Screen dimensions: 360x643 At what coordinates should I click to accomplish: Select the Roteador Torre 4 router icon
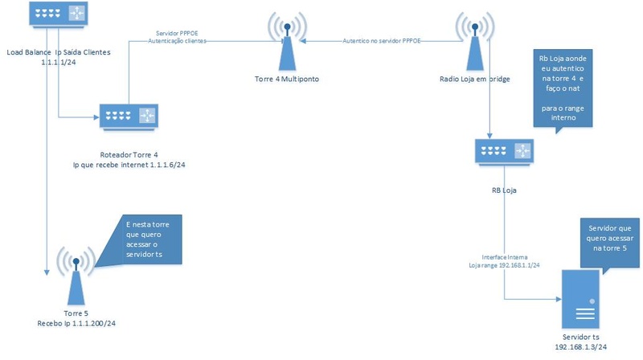pyautogui.click(x=129, y=117)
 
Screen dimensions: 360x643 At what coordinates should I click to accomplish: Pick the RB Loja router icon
pyautogui.click(x=503, y=150)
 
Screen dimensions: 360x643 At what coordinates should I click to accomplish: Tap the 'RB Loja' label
pyautogui.click(x=504, y=190)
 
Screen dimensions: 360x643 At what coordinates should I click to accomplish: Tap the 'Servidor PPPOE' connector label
pyautogui.click(x=178, y=33)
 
